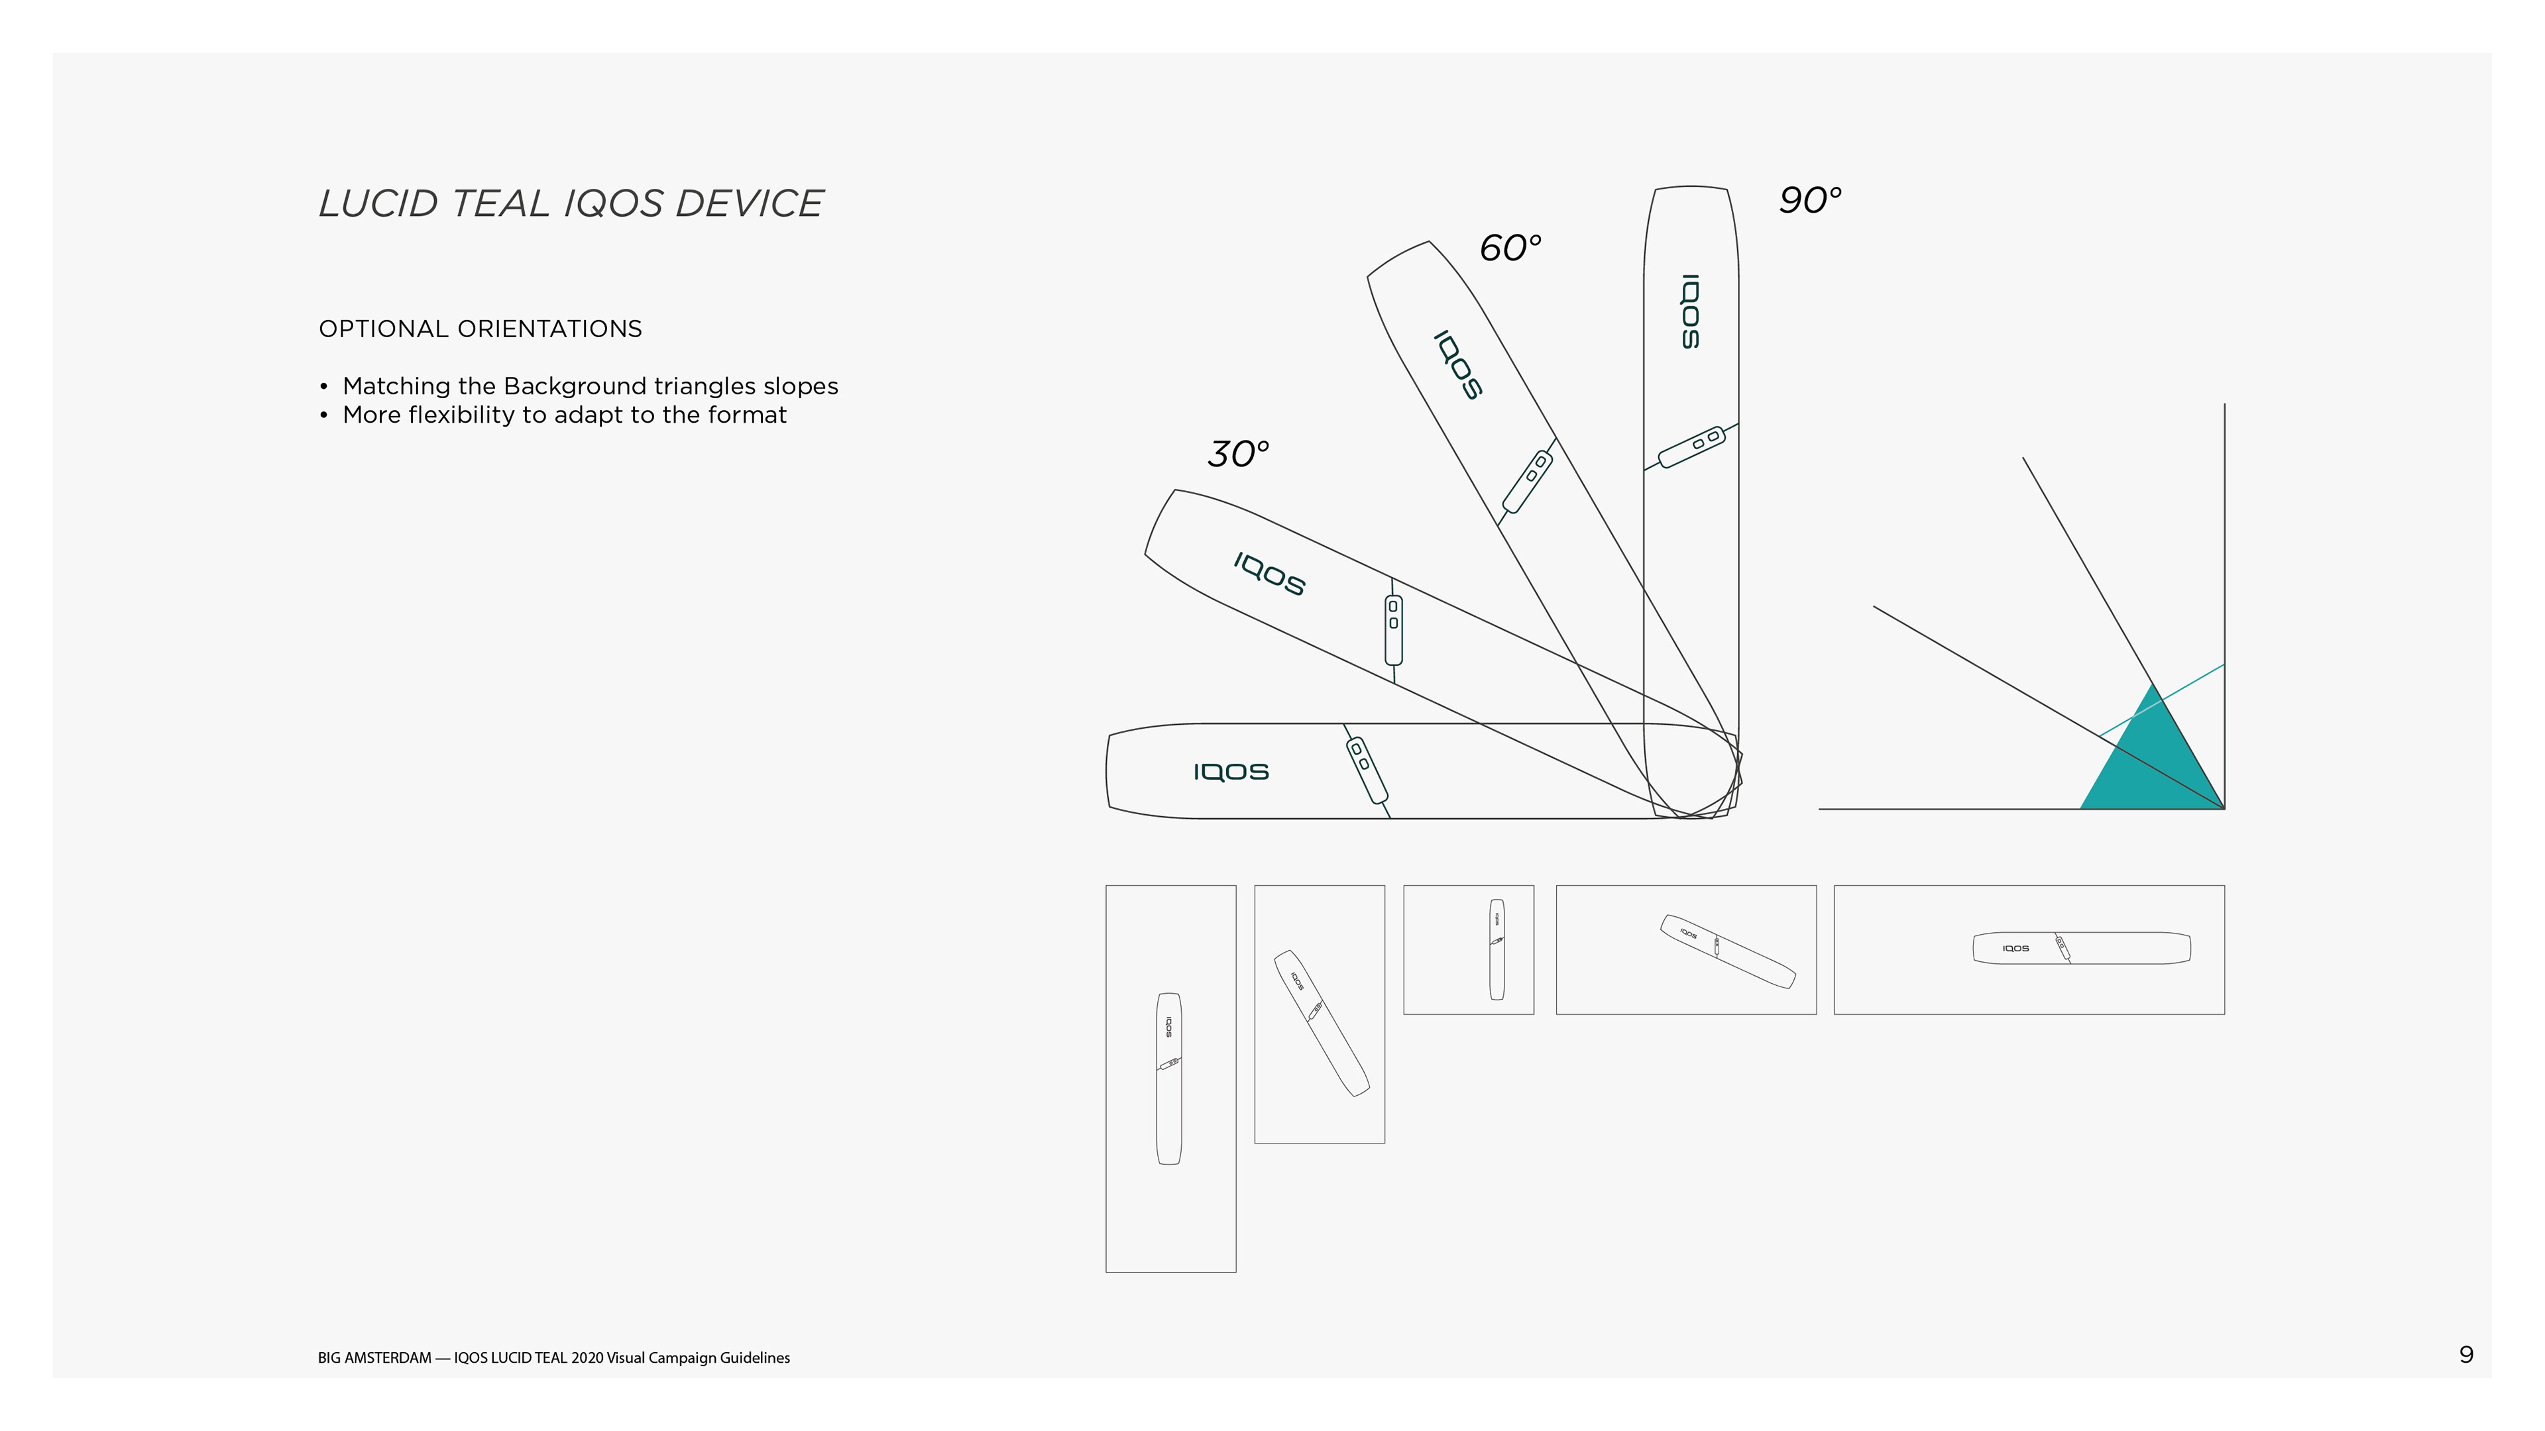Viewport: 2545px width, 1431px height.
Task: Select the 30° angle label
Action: point(1237,454)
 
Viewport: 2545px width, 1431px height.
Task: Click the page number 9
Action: point(2466,1354)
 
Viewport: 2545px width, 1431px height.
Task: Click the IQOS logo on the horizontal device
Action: point(1230,771)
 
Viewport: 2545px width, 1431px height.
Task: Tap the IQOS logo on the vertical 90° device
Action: point(1691,311)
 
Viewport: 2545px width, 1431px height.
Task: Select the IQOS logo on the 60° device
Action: point(1458,366)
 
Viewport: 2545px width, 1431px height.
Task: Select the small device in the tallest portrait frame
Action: point(1168,1079)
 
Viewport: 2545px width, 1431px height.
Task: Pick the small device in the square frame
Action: point(1497,949)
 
